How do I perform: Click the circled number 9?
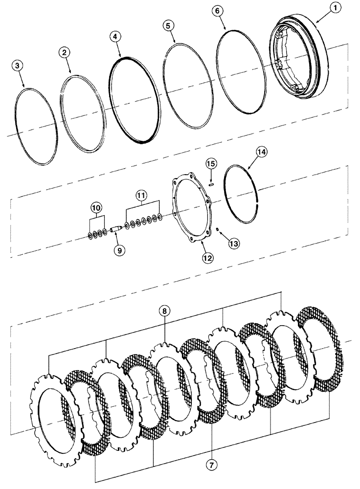pyautogui.click(x=119, y=250)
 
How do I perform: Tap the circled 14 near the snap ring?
pyautogui.click(x=261, y=153)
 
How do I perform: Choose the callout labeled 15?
pyautogui.click(x=210, y=163)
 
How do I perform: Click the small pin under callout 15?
pyautogui.click(x=210, y=184)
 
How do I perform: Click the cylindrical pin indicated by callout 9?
pyautogui.click(x=117, y=228)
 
